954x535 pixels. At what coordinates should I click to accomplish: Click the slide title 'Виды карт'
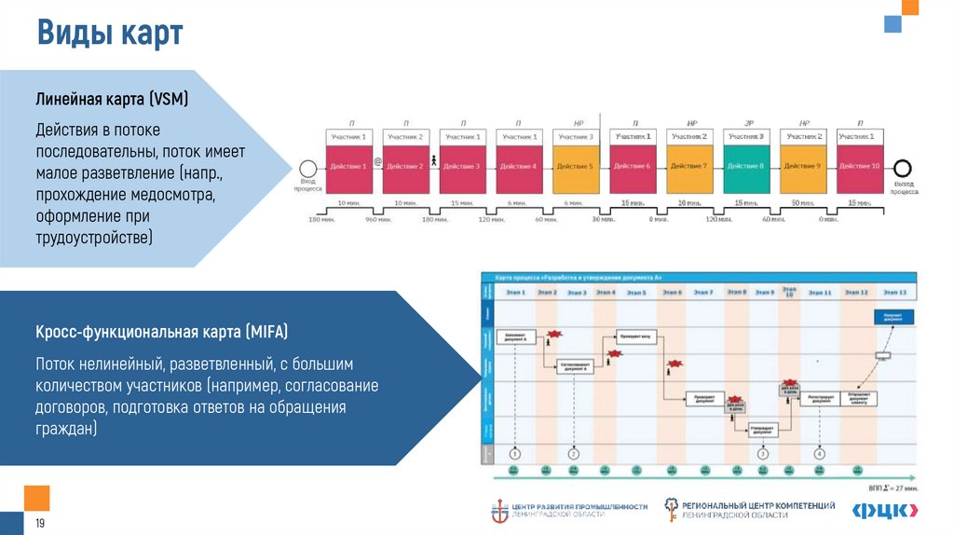click(x=110, y=35)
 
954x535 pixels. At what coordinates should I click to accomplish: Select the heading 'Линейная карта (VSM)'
click(x=112, y=100)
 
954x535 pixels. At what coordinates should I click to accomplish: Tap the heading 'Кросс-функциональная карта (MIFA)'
click(x=162, y=331)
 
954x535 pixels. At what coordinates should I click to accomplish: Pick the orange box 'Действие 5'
click(x=577, y=166)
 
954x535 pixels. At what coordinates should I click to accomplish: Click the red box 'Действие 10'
click(x=860, y=166)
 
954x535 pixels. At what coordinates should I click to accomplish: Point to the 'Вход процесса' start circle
click(x=308, y=167)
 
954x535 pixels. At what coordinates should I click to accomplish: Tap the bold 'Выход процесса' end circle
click(x=902, y=167)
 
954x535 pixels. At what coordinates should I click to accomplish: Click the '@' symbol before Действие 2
click(x=377, y=161)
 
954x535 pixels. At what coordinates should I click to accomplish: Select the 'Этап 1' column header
click(x=515, y=293)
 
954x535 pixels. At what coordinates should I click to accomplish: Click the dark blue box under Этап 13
click(x=893, y=318)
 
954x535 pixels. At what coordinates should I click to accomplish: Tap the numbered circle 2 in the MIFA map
click(x=574, y=454)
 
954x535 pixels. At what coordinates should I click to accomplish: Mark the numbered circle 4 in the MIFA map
click(x=820, y=454)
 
